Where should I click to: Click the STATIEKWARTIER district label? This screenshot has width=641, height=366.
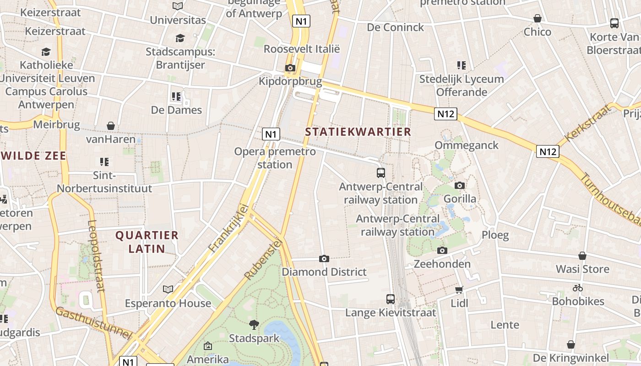(358, 132)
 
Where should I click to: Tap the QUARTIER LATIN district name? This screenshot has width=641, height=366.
(147, 242)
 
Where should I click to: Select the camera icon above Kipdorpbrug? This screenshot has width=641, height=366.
(290, 68)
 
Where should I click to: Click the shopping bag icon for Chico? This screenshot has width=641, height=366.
(538, 19)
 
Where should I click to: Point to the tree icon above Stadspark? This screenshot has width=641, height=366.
(254, 325)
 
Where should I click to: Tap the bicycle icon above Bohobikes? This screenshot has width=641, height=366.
(578, 288)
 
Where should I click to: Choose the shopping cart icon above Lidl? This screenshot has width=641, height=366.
(459, 290)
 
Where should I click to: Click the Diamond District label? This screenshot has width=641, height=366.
(324, 272)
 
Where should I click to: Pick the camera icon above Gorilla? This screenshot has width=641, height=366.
(460, 185)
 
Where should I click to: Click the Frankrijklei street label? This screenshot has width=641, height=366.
(228, 228)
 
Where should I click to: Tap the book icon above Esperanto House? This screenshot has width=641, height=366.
(168, 289)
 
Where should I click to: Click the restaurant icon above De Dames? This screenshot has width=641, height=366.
(176, 97)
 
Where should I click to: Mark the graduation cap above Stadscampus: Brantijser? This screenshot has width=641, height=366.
(180, 38)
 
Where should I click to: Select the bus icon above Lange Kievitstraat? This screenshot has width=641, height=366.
(391, 299)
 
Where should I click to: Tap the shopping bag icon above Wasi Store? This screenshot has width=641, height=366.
(582, 256)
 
